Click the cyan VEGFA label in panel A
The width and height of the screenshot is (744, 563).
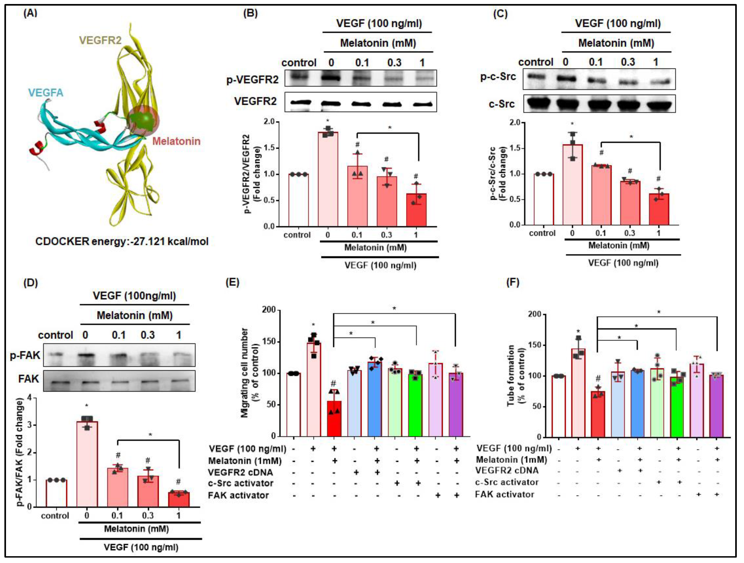(x=46, y=92)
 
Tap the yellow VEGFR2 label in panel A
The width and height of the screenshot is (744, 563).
(x=100, y=40)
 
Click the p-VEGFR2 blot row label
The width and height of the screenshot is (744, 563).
(x=252, y=80)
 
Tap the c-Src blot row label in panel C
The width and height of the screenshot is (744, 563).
(x=502, y=104)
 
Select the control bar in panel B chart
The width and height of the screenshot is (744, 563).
(x=298, y=200)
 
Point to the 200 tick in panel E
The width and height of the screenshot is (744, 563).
(x=269, y=310)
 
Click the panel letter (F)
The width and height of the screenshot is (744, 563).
(x=513, y=282)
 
